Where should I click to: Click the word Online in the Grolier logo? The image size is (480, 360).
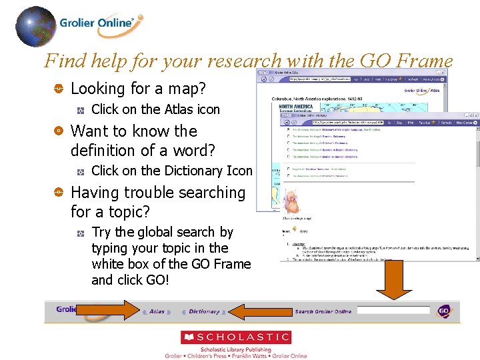click(x=117, y=23)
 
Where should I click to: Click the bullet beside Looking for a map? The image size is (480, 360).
click(x=59, y=89)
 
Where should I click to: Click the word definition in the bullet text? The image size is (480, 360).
click(x=106, y=150)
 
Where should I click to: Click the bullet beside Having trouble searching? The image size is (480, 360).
click(x=59, y=193)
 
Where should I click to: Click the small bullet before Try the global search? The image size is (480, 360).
click(x=80, y=233)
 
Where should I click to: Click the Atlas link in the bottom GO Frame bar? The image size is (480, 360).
click(x=157, y=311)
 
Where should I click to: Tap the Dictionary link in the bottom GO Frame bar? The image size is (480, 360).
click(x=204, y=311)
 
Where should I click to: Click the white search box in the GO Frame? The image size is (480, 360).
click(x=393, y=311)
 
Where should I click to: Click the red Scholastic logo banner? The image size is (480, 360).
click(x=236, y=337)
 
